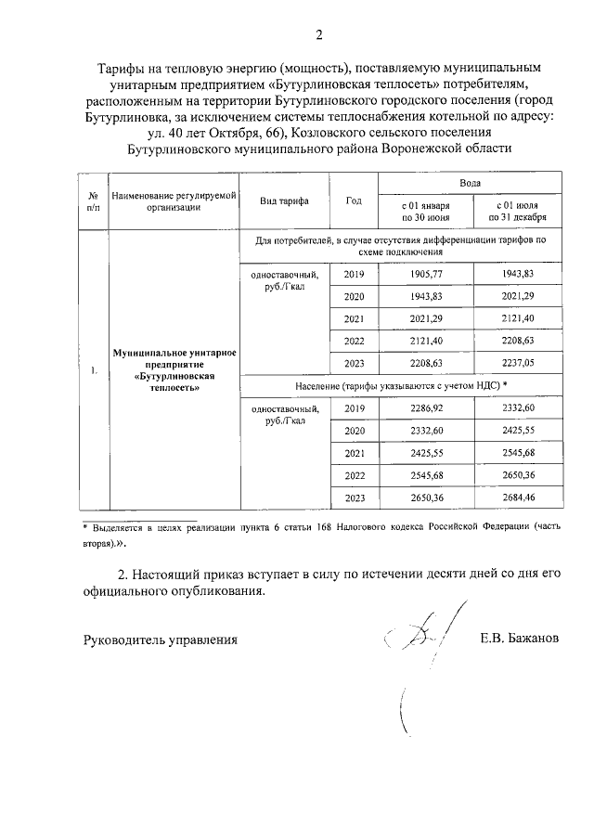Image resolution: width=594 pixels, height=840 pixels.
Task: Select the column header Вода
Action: click(x=471, y=185)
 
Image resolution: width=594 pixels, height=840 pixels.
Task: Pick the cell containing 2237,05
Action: click(x=519, y=363)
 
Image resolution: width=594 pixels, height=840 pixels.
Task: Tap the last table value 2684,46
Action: click(x=519, y=498)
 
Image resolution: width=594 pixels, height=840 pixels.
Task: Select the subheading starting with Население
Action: click(x=401, y=384)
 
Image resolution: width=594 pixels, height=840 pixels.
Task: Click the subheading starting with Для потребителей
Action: click(x=401, y=245)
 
